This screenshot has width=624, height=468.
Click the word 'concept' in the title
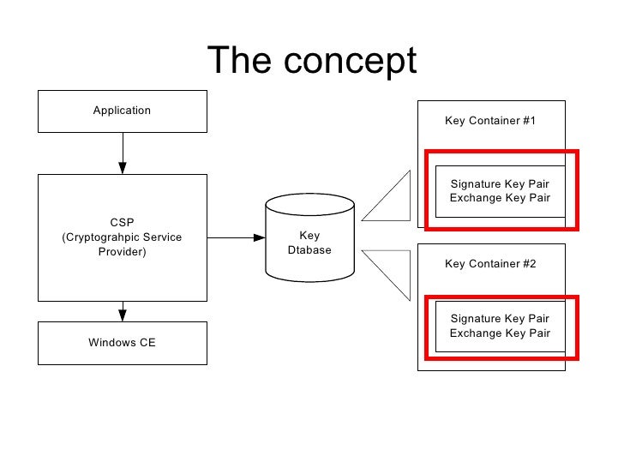coord(350,61)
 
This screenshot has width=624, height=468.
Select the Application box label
coord(122,111)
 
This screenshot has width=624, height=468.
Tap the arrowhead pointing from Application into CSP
coord(123,167)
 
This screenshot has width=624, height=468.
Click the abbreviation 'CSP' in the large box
coord(122,222)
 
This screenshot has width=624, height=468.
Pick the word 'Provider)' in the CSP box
coord(123,252)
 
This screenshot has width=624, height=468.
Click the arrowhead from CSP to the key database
coord(259,237)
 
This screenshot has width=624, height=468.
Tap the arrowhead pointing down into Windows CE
coord(123,315)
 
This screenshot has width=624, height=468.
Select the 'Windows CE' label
coord(122,342)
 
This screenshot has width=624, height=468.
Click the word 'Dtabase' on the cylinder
coord(309,250)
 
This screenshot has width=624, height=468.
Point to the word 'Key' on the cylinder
coord(309,236)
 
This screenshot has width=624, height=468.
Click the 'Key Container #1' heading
coord(490,121)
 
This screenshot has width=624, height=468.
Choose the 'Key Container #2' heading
coord(490,263)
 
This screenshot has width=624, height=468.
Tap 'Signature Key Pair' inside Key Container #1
coord(500,183)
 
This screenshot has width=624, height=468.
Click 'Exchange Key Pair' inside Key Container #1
coord(500,198)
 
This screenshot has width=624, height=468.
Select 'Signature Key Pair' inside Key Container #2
coord(500,318)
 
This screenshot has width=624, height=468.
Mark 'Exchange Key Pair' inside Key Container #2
coord(500,333)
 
